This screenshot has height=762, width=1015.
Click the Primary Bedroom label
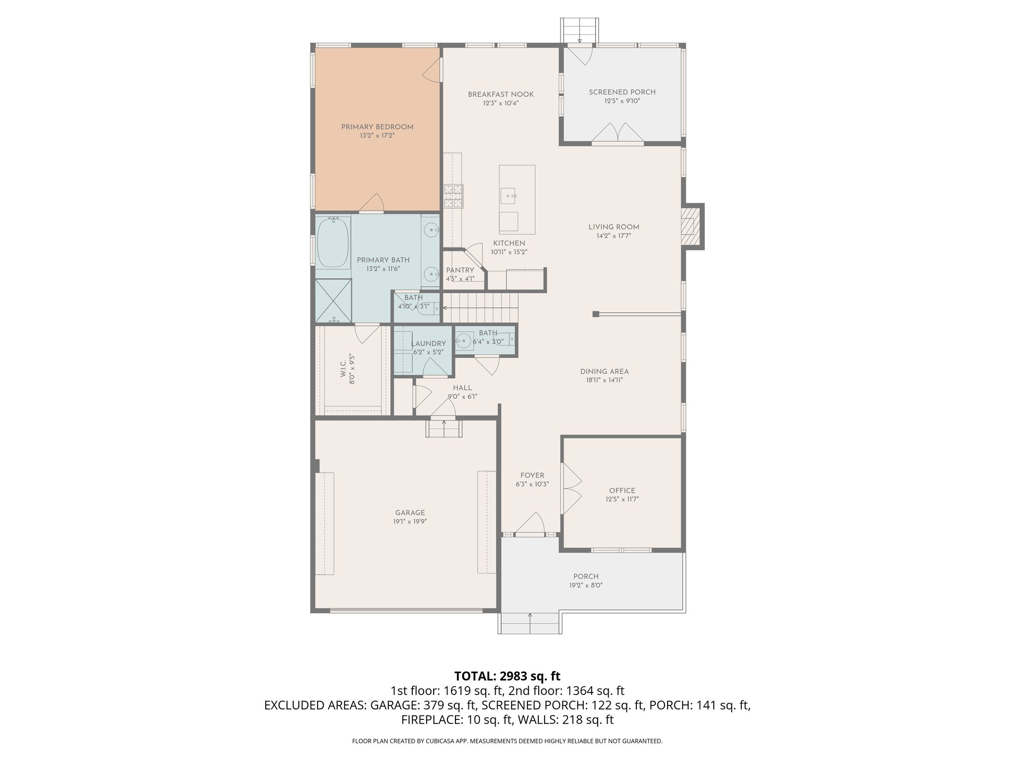pos(377,127)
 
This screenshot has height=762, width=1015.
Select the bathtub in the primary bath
pos(333,243)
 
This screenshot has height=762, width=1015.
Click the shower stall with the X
pos(333,301)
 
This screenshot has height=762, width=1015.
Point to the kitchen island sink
pos(508,196)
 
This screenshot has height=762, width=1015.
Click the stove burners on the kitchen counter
pos(453,196)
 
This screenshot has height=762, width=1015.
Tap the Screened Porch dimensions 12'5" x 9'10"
pos(622,101)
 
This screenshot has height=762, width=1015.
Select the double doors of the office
pos(571,489)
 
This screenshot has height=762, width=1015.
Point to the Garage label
pos(410,513)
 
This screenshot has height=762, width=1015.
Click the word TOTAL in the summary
pos(475,676)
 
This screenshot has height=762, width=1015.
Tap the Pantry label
pos(460,270)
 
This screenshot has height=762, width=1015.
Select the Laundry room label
pos(429,343)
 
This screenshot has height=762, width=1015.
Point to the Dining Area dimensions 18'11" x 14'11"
pos(604,381)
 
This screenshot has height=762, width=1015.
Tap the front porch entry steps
pos(530,624)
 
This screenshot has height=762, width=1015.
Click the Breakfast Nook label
pos(501,94)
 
